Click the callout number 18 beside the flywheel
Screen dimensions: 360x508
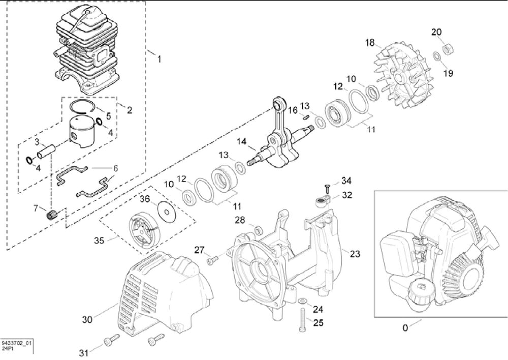(x=370, y=42)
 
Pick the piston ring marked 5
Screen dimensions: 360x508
(x=80, y=106)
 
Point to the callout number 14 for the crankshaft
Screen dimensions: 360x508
(x=241, y=142)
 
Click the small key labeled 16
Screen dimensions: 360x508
(x=307, y=116)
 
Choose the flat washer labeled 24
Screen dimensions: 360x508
(x=302, y=302)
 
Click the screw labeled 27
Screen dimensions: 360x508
(x=212, y=260)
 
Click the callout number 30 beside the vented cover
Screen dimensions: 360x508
(x=87, y=319)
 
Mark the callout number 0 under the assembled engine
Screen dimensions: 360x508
(x=405, y=328)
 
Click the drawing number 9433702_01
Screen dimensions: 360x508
(x=17, y=344)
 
